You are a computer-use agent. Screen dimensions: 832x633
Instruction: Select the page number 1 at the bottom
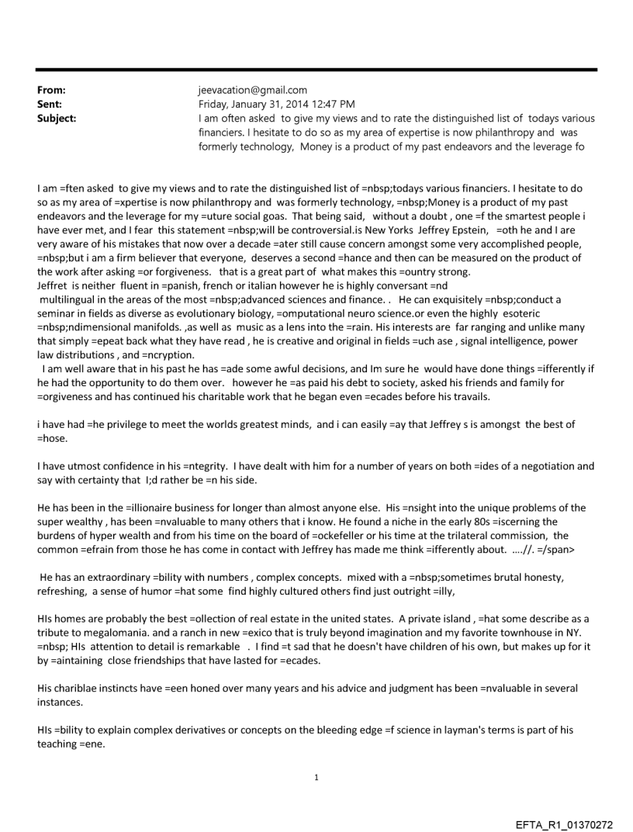click(316, 778)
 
